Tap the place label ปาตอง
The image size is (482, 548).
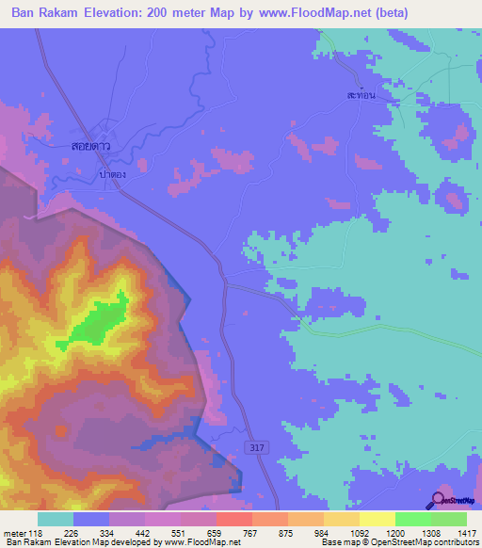coord(112,174)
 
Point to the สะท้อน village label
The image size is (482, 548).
coord(361,96)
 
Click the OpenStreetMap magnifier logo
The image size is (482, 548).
coord(439,499)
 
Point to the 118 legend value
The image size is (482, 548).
coord(37,532)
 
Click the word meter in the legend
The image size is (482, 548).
coord(14,532)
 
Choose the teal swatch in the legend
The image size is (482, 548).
coord(55,519)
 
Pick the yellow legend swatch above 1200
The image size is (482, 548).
coord(377,519)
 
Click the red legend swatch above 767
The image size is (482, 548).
coord(233,519)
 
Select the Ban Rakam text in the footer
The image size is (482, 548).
coord(26,542)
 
